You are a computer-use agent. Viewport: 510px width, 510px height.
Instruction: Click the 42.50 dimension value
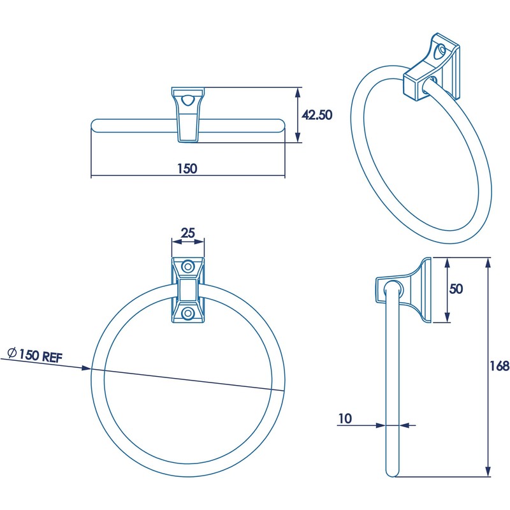point(317,115)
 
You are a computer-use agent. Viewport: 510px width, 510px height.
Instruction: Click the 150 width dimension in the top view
point(187,168)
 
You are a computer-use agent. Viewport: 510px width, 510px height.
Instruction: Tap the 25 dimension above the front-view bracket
point(187,233)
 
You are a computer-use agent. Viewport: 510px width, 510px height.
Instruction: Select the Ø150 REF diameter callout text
point(34,355)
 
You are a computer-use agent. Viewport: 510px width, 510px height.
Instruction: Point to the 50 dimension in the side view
point(455,289)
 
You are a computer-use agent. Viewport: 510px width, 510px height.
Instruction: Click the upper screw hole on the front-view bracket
point(188,266)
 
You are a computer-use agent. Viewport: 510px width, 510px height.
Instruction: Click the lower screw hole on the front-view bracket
point(188,313)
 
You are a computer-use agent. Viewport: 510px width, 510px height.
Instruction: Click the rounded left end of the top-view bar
point(96,125)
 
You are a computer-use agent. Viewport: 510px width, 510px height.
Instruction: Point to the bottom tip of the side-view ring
point(393,474)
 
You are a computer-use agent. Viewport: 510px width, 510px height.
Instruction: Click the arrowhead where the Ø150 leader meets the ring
point(87,368)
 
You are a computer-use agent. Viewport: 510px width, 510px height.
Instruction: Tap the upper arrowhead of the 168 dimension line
point(488,262)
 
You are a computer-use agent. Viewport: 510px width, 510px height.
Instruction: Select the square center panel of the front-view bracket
point(188,291)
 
